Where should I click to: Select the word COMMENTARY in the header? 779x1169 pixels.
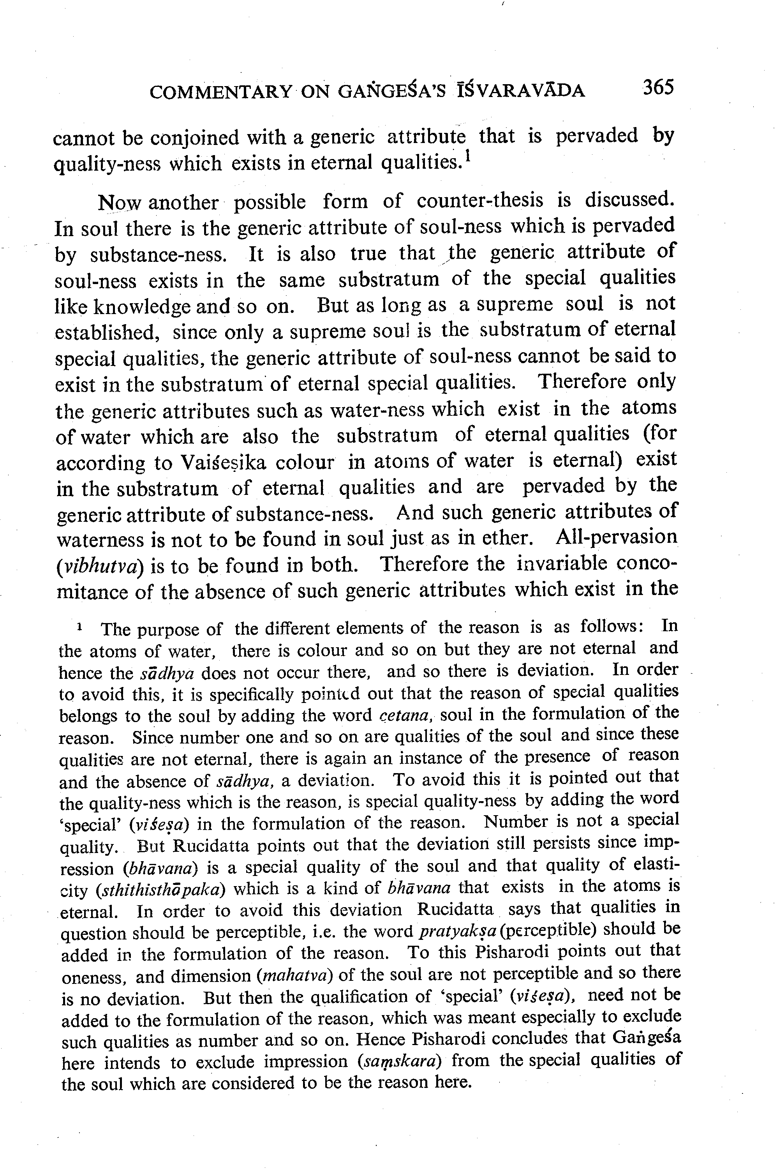220,92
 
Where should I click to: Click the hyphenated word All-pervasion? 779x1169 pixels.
617,537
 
